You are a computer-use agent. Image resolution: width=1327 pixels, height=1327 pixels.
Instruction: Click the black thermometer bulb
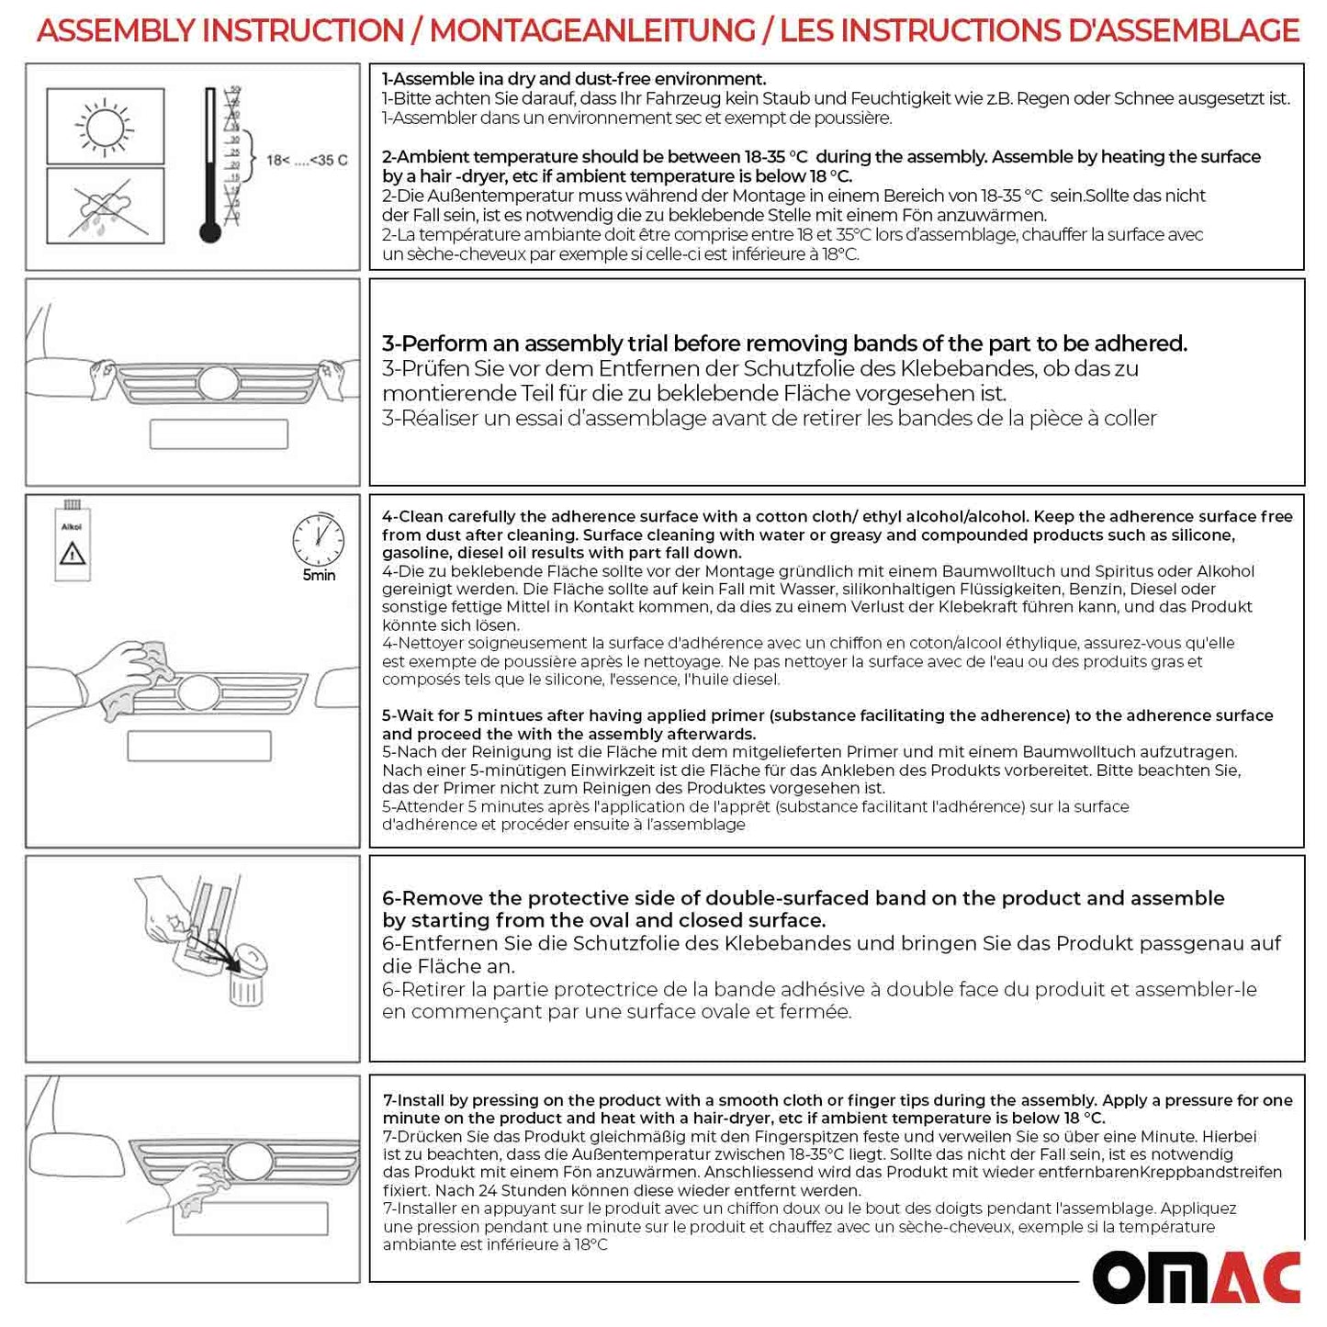click(x=210, y=232)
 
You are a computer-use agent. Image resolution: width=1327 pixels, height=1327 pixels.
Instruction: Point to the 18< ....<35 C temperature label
click(x=307, y=161)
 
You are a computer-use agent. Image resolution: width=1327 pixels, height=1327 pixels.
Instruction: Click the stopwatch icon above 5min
click(x=318, y=540)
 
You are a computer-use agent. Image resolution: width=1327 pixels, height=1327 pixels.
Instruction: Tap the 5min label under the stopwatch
click(x=319, y=576)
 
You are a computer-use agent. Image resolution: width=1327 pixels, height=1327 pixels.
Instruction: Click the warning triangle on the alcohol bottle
click(x=73, y=554)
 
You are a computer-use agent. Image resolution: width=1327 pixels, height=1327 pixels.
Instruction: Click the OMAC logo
click(x=1196, y=1277)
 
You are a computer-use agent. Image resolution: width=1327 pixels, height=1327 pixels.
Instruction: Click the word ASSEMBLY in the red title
click(x=118, y=30)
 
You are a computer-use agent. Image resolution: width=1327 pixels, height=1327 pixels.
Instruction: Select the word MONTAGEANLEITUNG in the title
click(x=592, y=30)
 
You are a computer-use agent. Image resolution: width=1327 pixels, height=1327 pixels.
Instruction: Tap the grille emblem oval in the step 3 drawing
click(x=219, y=382)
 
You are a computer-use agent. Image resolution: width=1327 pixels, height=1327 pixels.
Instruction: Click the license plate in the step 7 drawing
click(x=250, y=1219)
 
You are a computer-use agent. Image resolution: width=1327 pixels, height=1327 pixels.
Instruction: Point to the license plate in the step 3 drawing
click(x=219, y=434)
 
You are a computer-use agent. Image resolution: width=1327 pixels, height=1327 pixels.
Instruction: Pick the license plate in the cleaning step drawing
click(x=198, y=746)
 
